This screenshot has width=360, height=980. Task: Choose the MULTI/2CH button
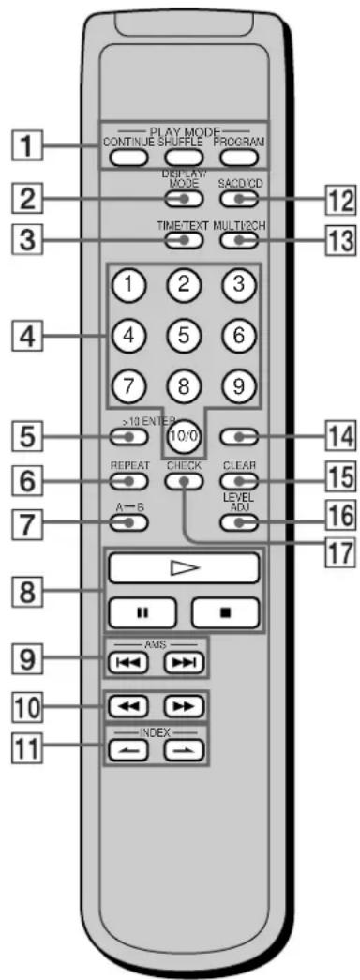pyautogui.click(x=238, y=240)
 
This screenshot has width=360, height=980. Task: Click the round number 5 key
pyautogui.click(x=186, y=332)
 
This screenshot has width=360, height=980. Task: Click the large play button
pyautogui.click(x=183, y=567)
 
